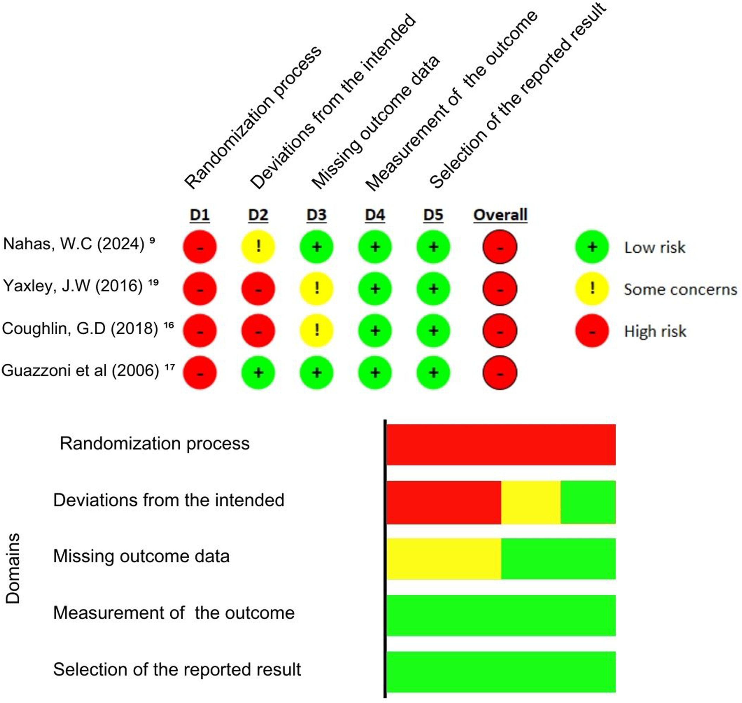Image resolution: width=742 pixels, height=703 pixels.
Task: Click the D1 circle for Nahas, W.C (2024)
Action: [x=200, y=247]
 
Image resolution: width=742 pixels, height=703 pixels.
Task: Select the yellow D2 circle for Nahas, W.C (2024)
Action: [x=258, y=247]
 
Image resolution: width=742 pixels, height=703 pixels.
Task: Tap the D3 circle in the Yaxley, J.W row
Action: [x=316, y=289]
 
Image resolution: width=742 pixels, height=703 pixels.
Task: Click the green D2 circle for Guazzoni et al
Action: [x=258, y=373]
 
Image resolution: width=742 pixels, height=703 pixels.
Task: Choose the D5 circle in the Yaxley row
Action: [x=433, y=289]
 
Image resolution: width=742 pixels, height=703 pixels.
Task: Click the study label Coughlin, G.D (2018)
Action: [x=80, y=329]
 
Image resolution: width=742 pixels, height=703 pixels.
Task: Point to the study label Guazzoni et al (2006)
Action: [x=80, y=370]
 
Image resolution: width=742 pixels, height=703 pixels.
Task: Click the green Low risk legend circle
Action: [x=592, y=247]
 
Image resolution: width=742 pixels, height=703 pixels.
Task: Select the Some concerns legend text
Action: [x=680, y=289]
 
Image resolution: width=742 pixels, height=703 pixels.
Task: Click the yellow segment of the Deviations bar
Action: [x=531, y=502]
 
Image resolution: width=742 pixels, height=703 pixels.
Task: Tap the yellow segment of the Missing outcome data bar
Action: [x=444, y=559]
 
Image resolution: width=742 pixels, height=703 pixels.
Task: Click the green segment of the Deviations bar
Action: [x=588, y=502]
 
